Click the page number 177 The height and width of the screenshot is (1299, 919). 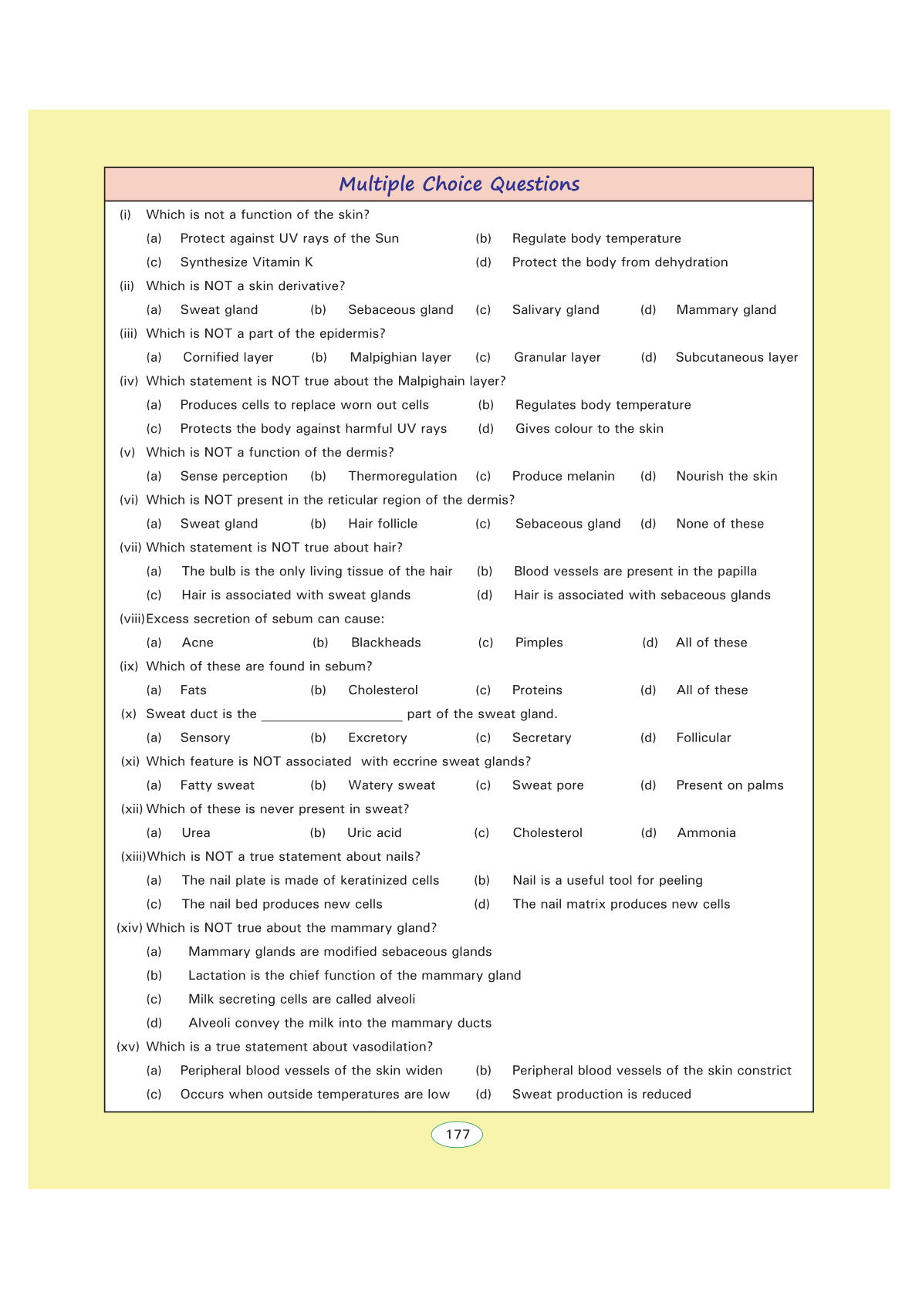tap(458, 1135)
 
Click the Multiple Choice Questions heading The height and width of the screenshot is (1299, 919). tap(459, 184)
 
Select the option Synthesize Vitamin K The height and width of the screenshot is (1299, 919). tap(246, 262)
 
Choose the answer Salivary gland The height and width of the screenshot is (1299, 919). tap(556, 310)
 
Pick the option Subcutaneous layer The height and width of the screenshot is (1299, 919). tap(736, 357)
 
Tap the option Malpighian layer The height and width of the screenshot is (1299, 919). tap(400, 357)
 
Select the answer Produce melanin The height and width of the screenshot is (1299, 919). tap(563, 476)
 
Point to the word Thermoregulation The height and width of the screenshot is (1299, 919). tap(402, 476)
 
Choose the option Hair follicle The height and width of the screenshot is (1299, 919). tap(383, 524)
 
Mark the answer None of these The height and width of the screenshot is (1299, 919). tap(720, 524)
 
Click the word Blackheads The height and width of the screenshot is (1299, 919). tap(386, 643)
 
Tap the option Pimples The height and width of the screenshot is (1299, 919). tap(539, 643)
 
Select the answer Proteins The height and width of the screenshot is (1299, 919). tap(537, 690)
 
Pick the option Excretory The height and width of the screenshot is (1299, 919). tap(377, 737)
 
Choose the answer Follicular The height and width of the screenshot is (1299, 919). tap(703, 737)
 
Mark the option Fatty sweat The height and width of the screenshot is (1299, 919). tap(217, 785)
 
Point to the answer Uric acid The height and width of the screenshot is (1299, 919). tap(374, 833)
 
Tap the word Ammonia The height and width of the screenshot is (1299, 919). tap(706, 833)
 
